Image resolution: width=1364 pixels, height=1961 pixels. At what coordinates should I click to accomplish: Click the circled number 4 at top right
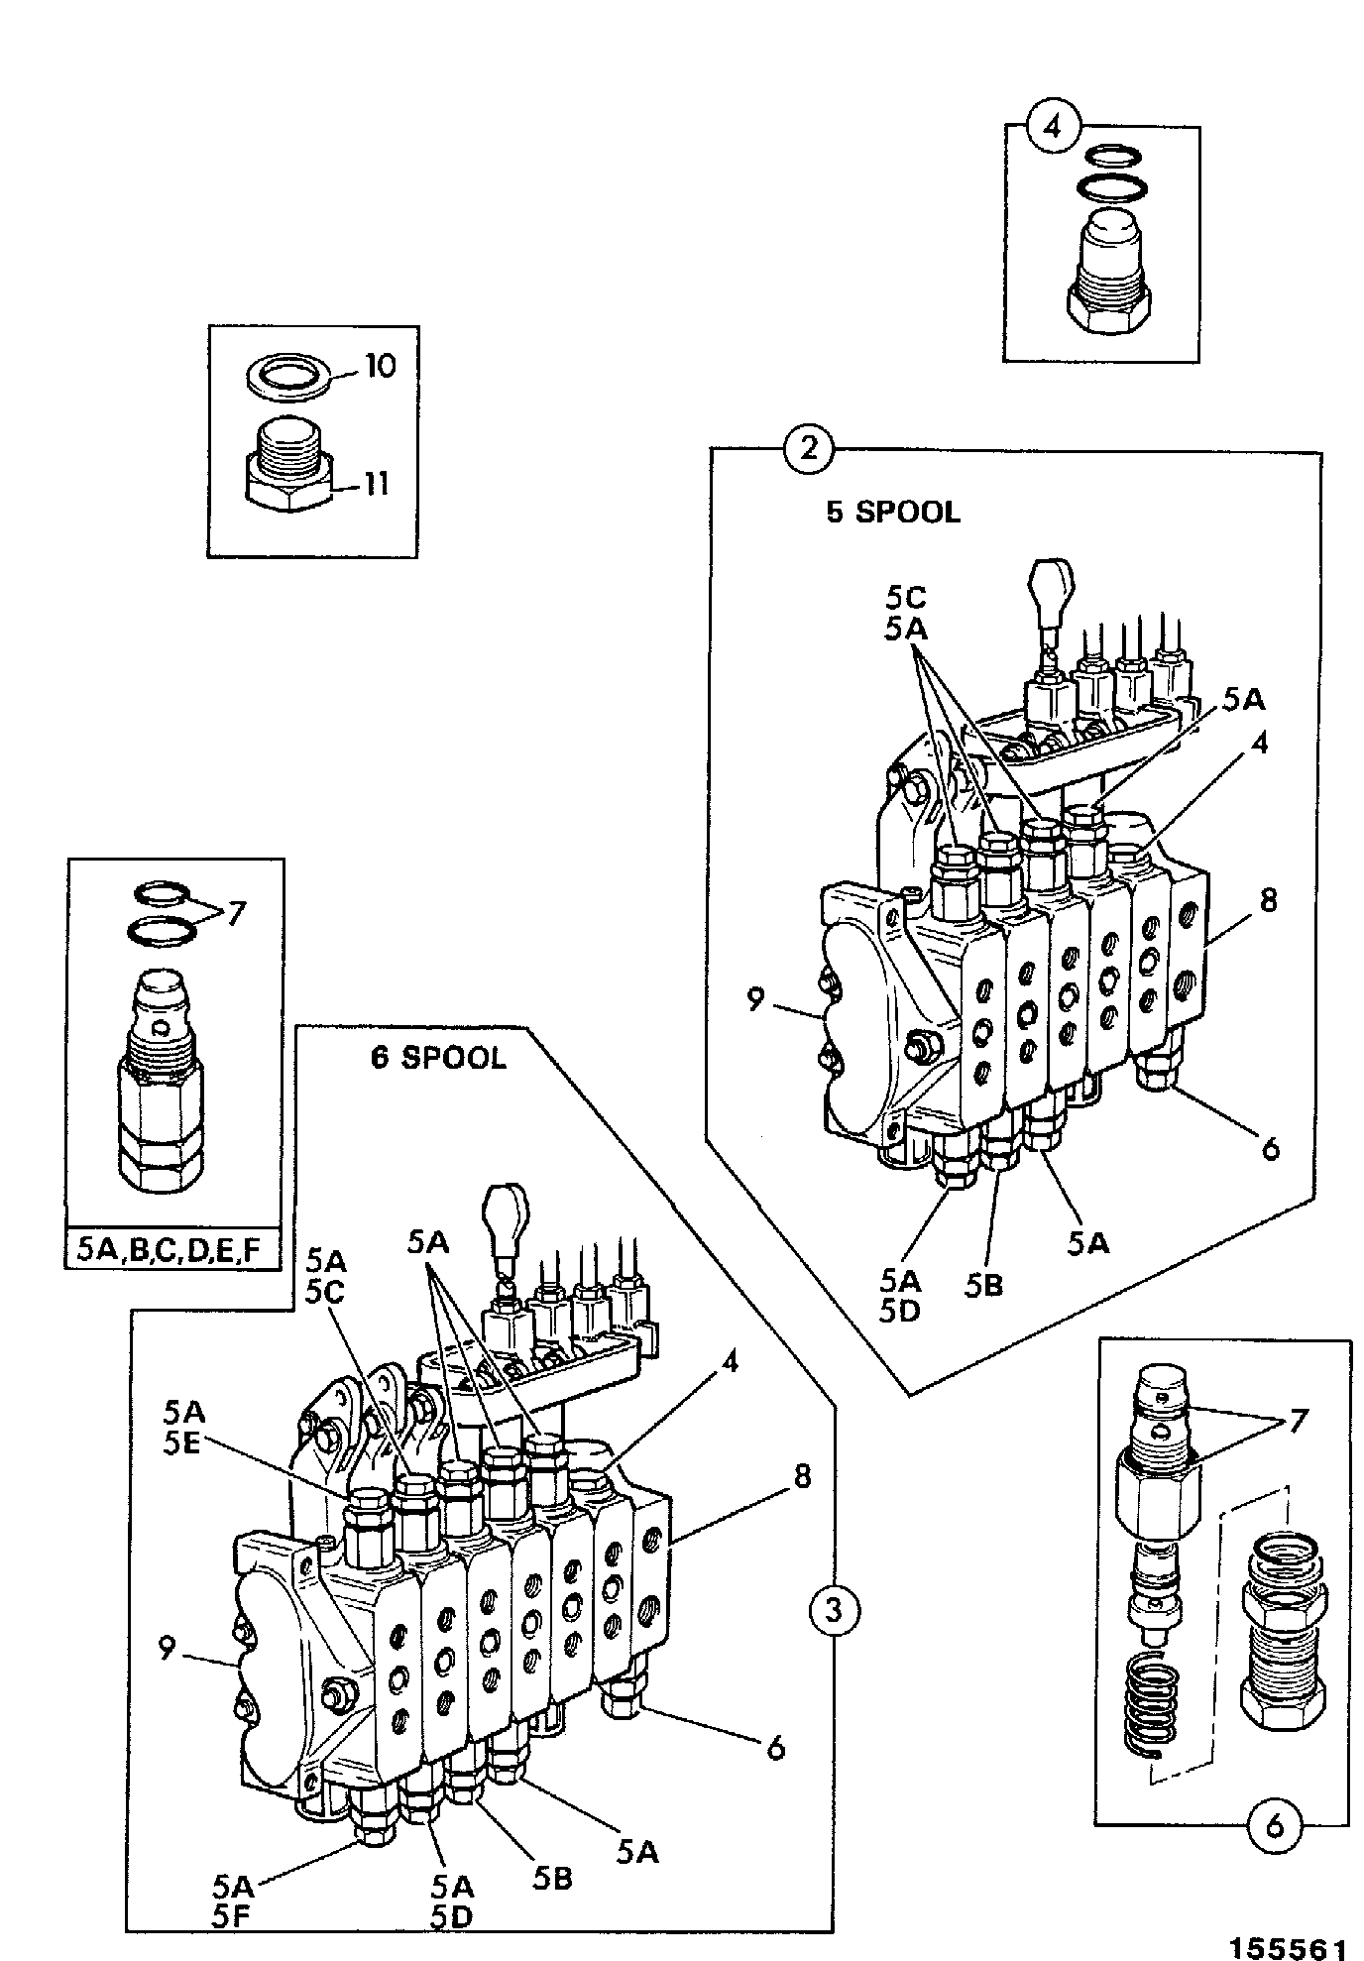pyautogui.click(x=1054, y=128)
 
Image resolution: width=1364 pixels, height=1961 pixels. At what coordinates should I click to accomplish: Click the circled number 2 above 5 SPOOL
pyautogui.click(x=809, y=449)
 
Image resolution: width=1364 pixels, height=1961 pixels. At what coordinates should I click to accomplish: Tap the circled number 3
pyautogui.click(x=833, y=1608)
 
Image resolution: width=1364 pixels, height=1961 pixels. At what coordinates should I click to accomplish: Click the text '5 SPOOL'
pyautogui.click(x=893, y=512)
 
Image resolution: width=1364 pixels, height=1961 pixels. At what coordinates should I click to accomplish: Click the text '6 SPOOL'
pyautogui.click(x=438, y=1057)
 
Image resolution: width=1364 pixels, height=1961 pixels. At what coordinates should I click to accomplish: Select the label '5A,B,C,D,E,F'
pyautogui.click(x=169, y=1251)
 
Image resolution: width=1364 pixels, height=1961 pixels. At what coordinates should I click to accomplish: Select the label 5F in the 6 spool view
pyautogui.click(x=235, y=1917)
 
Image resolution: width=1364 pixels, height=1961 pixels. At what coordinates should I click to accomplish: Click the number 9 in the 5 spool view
pyautogui.click(x=755, y=1000)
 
